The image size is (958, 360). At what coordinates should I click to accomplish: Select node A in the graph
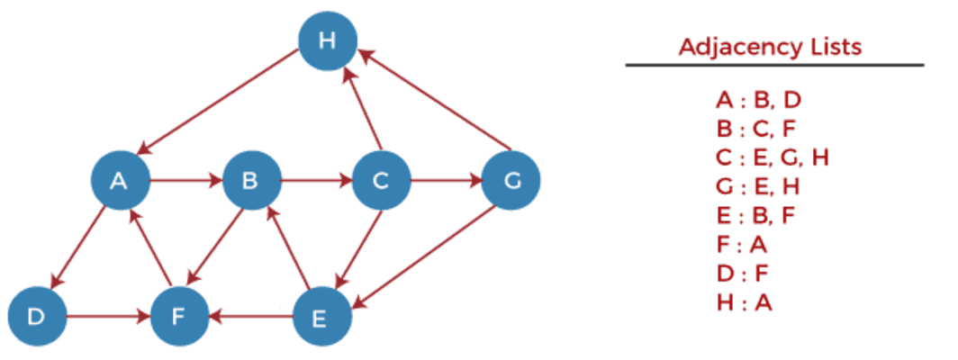tap(119, 181)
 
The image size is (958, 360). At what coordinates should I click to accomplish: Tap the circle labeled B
tap(251, 181)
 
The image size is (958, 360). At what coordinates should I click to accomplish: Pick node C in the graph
tap(381, 181)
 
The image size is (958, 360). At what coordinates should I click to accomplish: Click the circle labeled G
tap(511, 181)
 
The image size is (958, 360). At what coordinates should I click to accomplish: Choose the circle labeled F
tap(179, 317)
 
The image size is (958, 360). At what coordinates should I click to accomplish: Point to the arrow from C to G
tap(446, 181)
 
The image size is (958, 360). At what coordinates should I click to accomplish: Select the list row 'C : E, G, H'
tap(773, 157)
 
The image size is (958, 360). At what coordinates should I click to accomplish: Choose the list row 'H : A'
tap(745, 302)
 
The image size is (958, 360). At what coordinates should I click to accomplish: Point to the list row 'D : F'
tap(745, 274)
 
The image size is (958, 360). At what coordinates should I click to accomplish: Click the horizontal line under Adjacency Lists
tap(774, 65)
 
